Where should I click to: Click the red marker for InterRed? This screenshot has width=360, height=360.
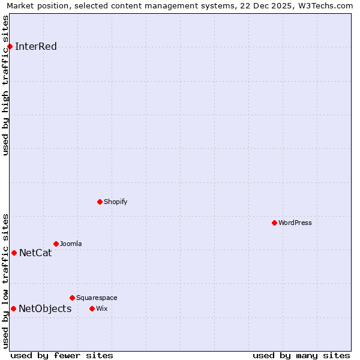click(10, 47)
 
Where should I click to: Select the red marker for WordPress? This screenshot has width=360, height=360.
click(274, 223)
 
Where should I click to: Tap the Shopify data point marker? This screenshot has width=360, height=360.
click(100, 202)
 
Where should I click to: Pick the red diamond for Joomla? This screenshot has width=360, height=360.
click(56, 244)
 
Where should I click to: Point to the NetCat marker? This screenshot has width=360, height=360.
click(14, 253)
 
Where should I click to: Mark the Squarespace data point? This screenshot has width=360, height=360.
click(72, 298)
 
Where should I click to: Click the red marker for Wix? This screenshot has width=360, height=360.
click(92, 308)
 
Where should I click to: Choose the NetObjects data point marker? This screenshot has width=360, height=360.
click(13, 308)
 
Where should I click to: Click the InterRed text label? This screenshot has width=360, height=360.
click(36, 47)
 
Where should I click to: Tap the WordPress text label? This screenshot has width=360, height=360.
click(295, 223)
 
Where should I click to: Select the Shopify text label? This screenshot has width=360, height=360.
click(116, 202)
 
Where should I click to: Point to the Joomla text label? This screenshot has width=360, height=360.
click(71, 244)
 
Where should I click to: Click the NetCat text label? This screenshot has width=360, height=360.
click(35, 253)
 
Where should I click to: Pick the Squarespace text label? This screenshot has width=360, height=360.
click(97, 298)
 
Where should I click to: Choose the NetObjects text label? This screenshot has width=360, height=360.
click(45, 308)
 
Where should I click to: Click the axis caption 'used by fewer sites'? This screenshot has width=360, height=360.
click(62, 355)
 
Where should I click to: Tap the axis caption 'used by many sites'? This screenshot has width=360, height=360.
click(301, 355)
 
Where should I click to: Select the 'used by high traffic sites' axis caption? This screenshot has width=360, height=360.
click(5, 85)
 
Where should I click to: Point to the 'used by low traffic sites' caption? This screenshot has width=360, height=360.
click(5, 280)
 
